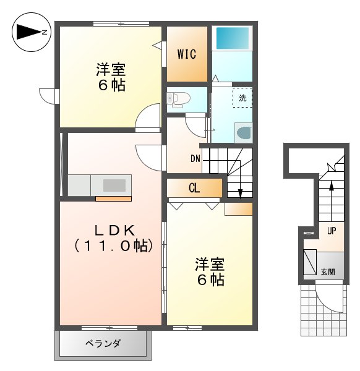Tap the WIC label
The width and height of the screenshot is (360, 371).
(187, 54)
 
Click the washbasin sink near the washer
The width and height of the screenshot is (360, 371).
(244, 132)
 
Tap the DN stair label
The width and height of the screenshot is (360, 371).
(195, 158)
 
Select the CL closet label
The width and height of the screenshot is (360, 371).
(194, 188)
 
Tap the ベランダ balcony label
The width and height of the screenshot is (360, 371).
(103, 344)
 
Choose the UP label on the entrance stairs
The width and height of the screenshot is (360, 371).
(332, 231)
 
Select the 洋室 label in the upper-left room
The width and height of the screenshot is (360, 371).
(111, 68)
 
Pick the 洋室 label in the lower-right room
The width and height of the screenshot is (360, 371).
(209, 263)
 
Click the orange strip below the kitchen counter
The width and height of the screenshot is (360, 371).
(113, 198)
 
